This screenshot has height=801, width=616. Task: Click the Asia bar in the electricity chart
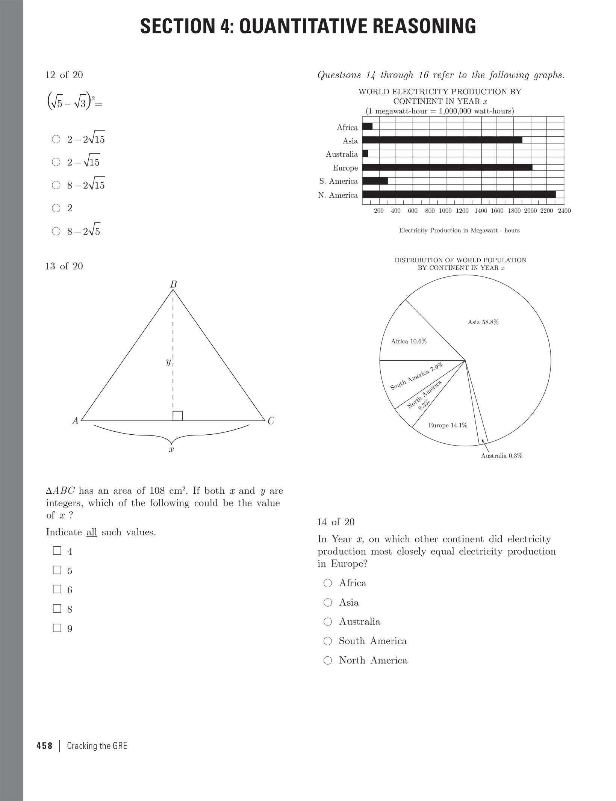pos(442,140)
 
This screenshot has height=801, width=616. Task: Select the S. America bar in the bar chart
pos(375,181)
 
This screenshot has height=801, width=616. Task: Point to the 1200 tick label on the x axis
pos(462,211)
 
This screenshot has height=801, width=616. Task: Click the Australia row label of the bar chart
pos(342,154)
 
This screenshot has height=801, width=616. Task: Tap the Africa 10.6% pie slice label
pos(409,342)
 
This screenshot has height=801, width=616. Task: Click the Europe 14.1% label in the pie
pos(448,425)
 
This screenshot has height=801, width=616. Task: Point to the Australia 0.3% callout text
pos(501,456)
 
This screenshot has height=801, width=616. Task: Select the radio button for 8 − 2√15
pos(56,185)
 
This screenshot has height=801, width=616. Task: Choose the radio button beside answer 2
pos(56,208)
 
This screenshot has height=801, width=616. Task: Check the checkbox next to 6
pos(57,589)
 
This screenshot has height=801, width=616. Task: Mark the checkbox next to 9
pos(57,628)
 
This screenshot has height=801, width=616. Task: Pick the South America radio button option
pos(328,641)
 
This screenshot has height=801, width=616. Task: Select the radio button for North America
pos(328,660)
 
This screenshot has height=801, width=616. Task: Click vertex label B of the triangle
pos(173,284)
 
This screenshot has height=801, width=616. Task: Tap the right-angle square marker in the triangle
pos(178,416)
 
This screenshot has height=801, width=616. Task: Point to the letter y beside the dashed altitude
pos(168,362)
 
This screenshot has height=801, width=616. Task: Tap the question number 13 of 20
pos(64,266)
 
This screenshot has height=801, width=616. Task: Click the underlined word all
pos(92,532)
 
